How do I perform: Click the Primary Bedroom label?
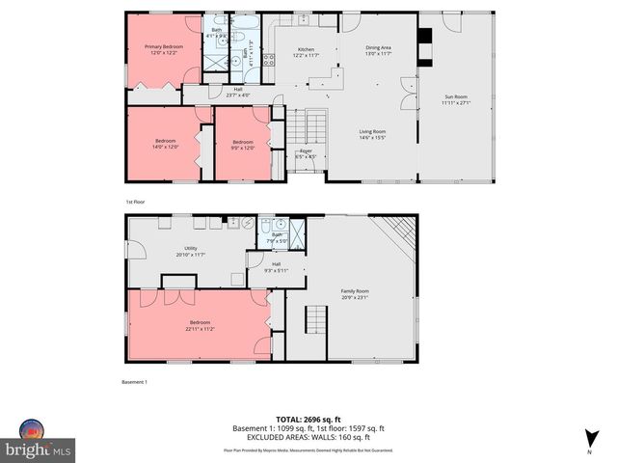click(165, 46)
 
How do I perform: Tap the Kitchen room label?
click(305, 49)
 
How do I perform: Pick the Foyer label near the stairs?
click(306, 150)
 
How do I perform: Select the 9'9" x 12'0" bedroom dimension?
click(242, 147)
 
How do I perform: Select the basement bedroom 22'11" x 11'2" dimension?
click(200, 327)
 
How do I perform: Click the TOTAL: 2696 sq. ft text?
click(308, 420)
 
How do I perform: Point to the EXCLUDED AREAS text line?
click(308, 437)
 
